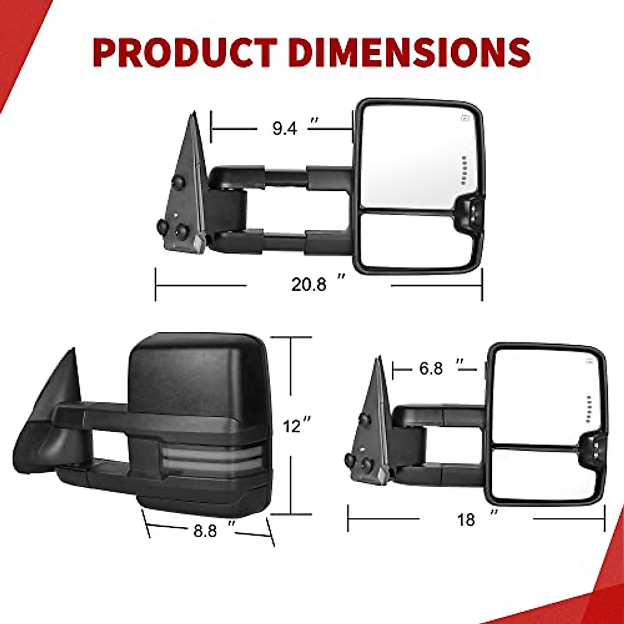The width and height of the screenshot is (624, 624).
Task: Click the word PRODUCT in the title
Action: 185,53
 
